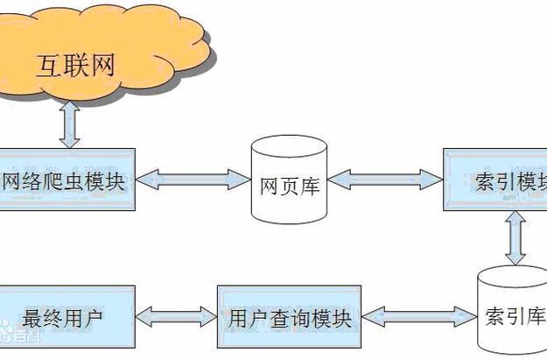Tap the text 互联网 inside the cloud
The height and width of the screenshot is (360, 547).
(77, 67)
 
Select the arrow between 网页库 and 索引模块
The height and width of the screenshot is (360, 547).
(385, 180)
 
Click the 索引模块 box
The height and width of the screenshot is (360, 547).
(495, 180)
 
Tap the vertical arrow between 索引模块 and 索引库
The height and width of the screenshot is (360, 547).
(515, 236)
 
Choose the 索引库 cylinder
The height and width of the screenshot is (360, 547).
(513, 311)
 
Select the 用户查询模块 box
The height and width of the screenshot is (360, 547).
(289, 317)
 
